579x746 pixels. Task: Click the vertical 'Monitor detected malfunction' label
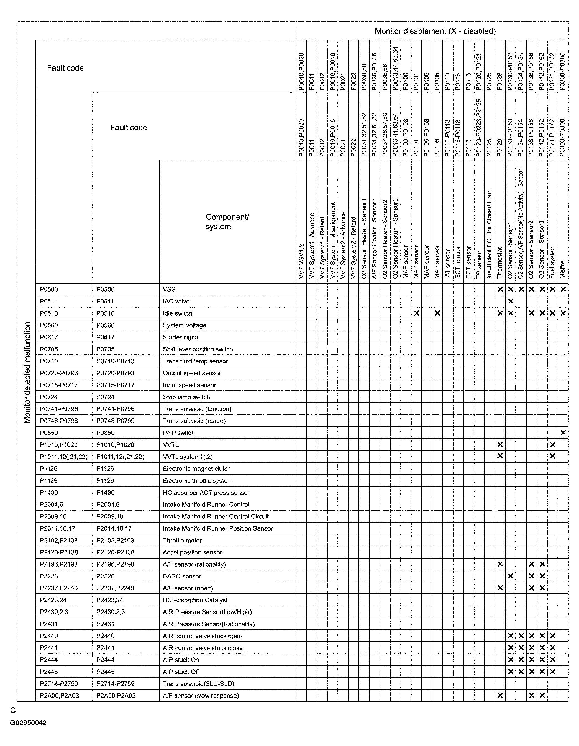27,372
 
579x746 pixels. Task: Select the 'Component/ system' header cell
227,222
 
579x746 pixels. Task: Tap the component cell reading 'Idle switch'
177,313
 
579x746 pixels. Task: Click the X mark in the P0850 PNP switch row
563,433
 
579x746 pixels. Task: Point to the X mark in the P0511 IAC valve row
510,301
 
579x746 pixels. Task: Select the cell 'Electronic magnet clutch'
196,469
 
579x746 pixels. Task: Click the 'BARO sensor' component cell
181,576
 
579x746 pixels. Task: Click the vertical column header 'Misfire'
563,269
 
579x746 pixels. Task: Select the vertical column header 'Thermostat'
500,262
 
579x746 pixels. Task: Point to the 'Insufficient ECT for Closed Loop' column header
490,234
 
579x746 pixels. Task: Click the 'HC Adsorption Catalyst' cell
195,600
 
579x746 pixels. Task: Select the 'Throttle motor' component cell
182,540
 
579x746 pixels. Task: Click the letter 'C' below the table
13,711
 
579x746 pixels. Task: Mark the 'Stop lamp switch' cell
186,397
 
